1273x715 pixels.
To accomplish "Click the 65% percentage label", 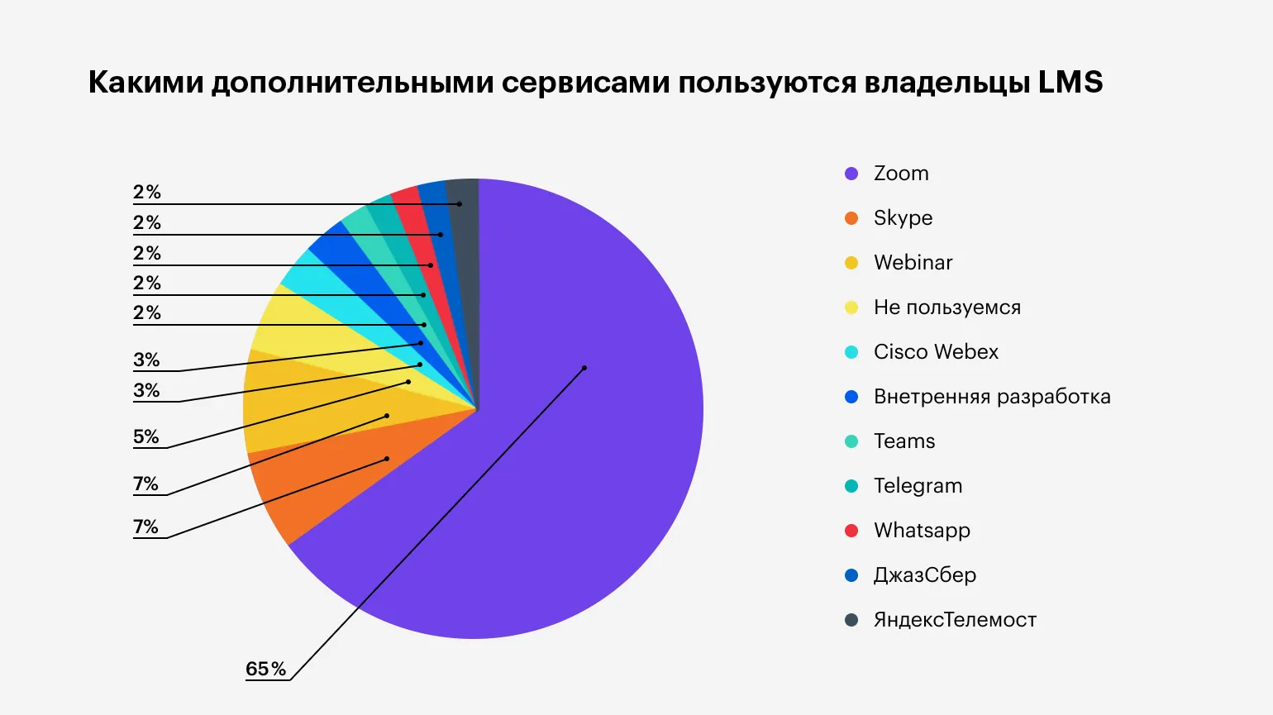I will (265, 669).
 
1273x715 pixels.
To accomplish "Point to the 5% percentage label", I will (146, 436).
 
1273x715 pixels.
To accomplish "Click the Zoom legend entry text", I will (901, 174).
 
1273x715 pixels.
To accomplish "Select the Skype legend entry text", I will (903, 218).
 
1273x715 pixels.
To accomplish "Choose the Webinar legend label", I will (913, 263).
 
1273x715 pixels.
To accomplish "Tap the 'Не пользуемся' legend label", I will (946, 307).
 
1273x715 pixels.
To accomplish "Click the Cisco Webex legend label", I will (936, 352).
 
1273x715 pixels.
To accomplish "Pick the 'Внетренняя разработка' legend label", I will (992, 397).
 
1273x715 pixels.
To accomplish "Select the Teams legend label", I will (904, 441).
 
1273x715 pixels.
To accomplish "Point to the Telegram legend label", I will (918, 486).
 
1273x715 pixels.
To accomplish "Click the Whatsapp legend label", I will (922, 531).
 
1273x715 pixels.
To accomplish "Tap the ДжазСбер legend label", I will (924, 575).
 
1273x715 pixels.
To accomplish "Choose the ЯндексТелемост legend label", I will (955, 620).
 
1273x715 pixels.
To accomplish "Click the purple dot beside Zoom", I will (851, 174).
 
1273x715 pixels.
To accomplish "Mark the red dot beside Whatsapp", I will (851, 531).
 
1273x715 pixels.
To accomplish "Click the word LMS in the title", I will (1070, 83).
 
